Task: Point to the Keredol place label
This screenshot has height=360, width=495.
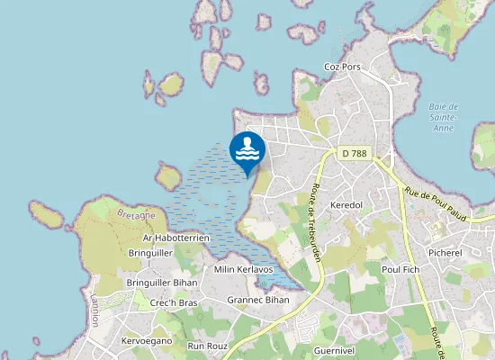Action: (346, 205)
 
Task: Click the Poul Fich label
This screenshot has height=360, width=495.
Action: (401, 268)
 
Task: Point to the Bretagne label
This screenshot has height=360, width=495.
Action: (137, 215)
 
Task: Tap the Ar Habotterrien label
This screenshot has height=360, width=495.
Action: (175, 238)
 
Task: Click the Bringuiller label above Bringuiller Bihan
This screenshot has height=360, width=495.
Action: (150, 254)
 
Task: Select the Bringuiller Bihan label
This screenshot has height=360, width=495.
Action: (161, 283)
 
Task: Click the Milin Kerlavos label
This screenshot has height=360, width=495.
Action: (243, 269)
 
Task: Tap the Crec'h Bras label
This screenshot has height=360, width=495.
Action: (174, 303)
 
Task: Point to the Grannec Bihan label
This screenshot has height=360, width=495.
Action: (258, 300)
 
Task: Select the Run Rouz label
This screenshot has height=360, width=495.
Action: (208, 346)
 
